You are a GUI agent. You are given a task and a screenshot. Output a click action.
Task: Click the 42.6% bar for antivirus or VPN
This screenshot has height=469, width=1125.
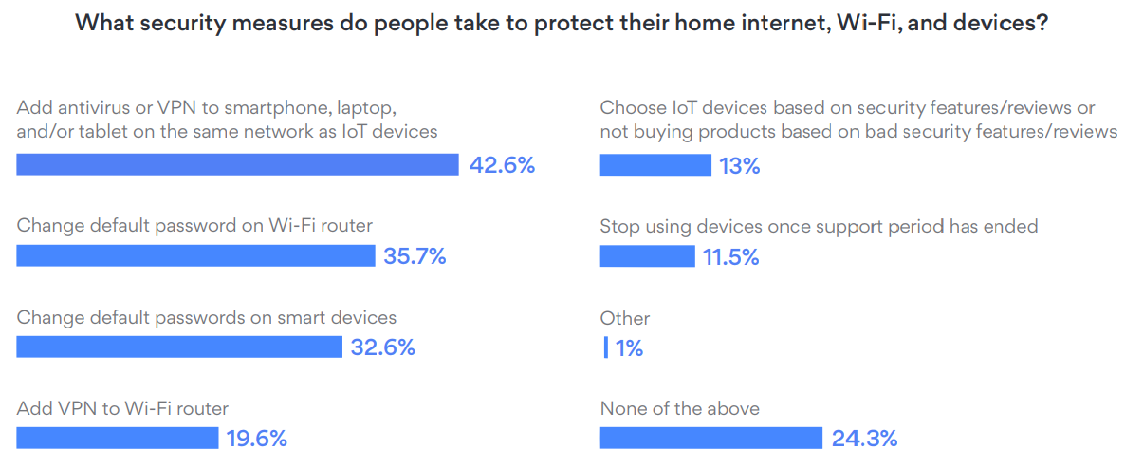(x=237, y=165)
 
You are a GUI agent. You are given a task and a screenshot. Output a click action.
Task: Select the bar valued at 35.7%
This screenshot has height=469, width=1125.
(x=195, y=256)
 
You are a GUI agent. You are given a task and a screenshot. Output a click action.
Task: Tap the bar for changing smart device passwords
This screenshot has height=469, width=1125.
(x=179, y=347)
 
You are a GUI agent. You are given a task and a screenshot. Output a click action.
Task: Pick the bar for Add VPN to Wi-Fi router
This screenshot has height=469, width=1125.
(x=118, y=438)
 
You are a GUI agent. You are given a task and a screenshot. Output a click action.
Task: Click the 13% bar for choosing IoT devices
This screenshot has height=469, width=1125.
(x=655, y=165)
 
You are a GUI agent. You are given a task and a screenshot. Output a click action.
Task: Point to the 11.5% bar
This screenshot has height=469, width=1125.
(x=648, y=256)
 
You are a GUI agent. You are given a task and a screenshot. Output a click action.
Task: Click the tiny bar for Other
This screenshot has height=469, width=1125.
(x=606, y=347)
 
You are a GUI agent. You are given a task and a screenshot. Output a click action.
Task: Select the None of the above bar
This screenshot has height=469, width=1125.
(x=711, y=438)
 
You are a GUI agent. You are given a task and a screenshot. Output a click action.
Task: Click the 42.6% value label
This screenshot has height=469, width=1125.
(x=503, y=165)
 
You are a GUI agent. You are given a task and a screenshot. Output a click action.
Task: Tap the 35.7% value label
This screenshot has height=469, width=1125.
(x=415, y=256)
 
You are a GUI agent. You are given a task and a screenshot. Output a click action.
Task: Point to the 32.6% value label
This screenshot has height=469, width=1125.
(x=383, y=347)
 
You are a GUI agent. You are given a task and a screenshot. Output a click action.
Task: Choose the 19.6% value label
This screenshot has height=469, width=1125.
(x=256, y=438)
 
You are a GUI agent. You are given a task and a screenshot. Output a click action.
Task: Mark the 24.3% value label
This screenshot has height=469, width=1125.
(x=864, y=438)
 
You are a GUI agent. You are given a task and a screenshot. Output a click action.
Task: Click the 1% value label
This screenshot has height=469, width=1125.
(x=629, y=348)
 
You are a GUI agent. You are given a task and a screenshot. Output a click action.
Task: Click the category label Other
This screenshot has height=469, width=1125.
(x=625, y=318)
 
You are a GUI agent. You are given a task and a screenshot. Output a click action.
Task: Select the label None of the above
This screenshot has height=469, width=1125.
(x=680, y=408)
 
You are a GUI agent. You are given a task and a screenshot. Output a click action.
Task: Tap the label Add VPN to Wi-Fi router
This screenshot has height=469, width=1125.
(x=122, y=408)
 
